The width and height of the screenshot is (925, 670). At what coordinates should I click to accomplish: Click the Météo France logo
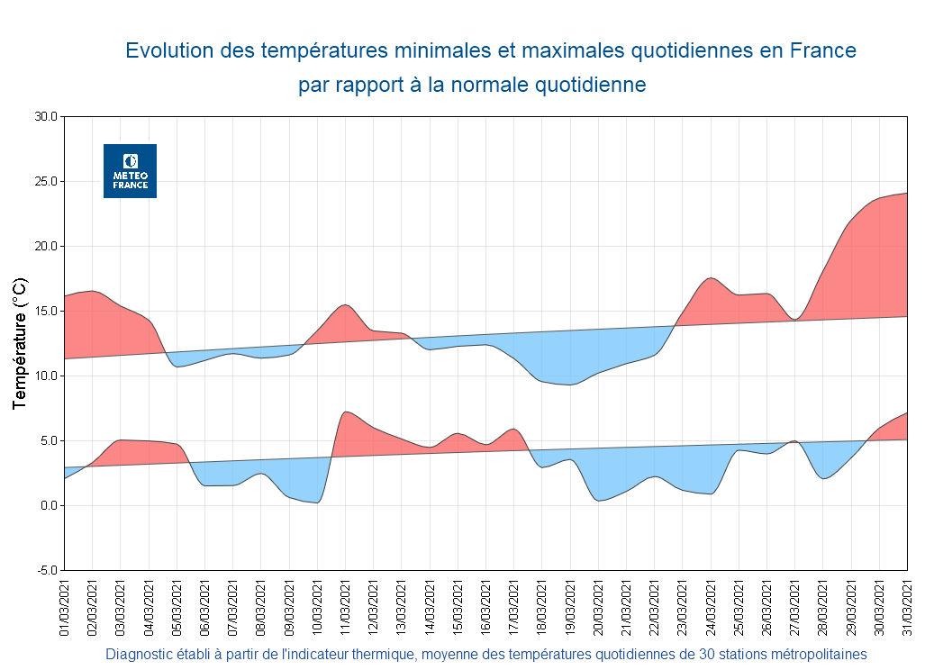[130, 171]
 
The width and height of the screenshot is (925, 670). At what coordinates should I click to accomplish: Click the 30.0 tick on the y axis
[46, 117]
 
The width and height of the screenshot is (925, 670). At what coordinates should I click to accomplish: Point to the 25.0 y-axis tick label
[46, 182]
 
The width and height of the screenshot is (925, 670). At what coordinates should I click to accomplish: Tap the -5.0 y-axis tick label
[46, 571]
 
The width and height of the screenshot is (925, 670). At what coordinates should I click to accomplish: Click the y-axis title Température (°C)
[20, 344]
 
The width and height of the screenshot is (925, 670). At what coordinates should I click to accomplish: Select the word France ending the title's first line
[822, 51]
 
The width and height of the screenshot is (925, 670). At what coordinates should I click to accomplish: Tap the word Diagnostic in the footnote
[140, 654]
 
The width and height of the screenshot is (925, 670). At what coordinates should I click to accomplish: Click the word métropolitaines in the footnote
[817, 654]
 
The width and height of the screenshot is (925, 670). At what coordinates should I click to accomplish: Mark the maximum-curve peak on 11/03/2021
[346, 304]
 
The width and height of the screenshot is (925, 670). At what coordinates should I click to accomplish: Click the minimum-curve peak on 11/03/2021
[346, 412]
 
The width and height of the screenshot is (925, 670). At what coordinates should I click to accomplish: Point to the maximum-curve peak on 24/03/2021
[711, 278]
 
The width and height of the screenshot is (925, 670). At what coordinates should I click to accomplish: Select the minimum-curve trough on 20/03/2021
[600, 500]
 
